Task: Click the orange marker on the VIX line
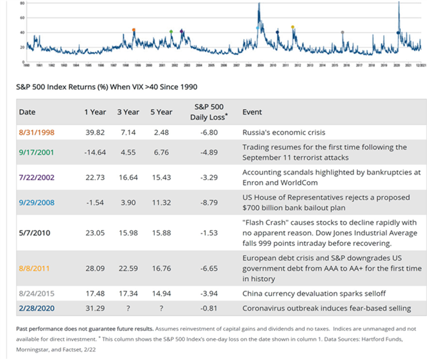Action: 134,30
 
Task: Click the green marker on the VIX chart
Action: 171,31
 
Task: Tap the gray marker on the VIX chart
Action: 342,32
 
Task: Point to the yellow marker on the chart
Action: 293,27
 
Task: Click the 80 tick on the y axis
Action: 22,3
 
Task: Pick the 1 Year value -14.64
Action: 94,152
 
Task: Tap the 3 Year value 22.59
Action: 128,269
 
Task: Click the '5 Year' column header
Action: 161,112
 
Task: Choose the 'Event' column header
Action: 252,112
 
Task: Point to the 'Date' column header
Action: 27,112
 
